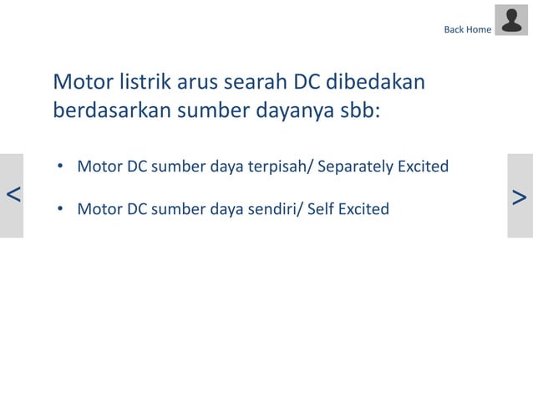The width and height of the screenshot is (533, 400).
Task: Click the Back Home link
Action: [467, 29]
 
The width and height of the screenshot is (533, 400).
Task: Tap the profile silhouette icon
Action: [511, 21]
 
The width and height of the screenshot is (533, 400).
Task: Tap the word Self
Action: [322, 208]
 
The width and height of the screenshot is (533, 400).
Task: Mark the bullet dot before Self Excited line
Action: [60, 209]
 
